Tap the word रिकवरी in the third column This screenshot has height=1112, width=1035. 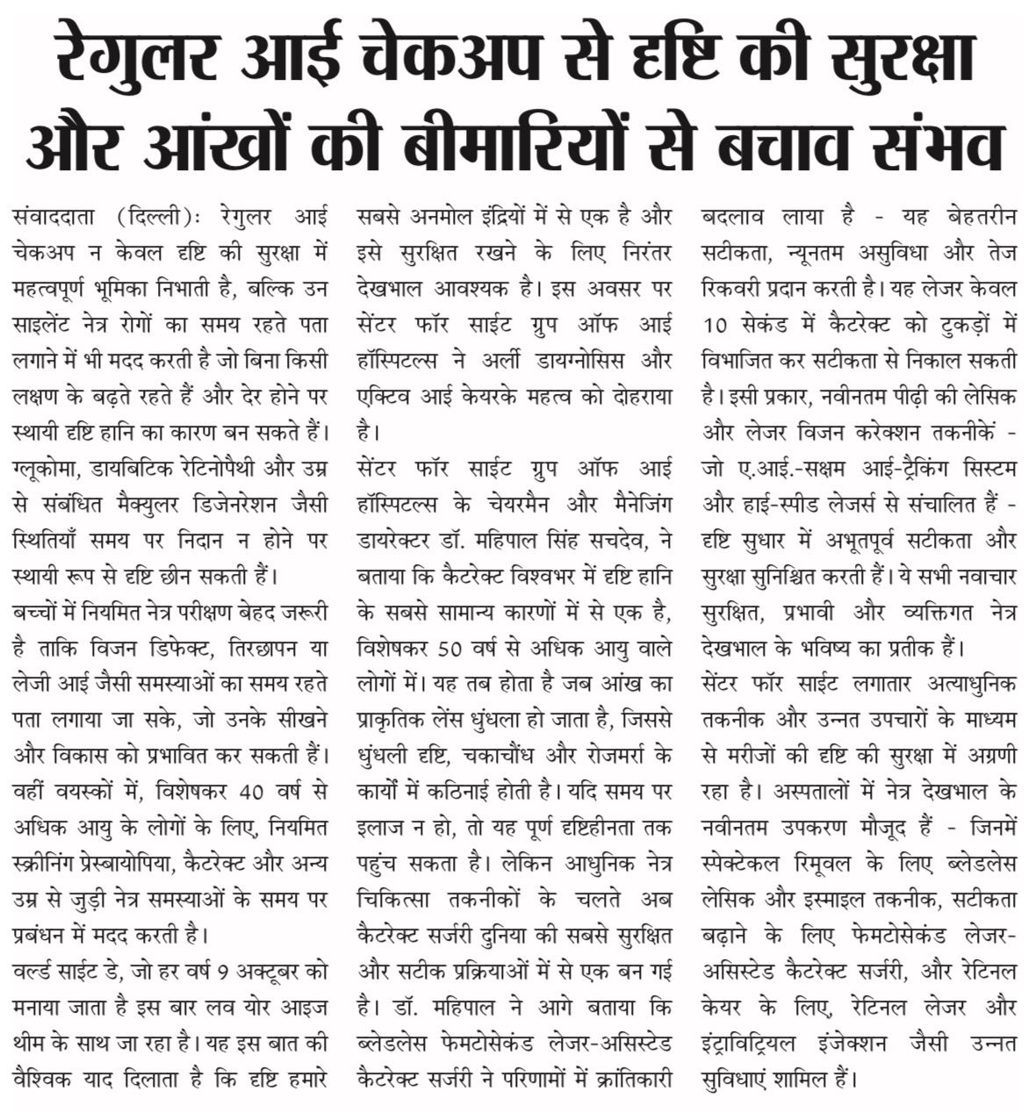click(x=734, y=286)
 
